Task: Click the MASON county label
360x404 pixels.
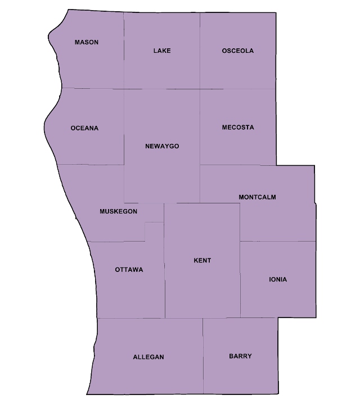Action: [x=87, y=43]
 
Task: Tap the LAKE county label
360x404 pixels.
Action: [x=162, y=51]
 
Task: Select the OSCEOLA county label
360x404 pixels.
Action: [x=237, y=51]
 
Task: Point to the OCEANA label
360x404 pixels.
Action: [x=84, y=128]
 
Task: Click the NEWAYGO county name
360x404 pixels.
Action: [x=162, y=146]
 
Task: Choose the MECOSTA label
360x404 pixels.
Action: [x=237, y=128]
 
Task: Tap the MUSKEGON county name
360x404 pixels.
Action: [x=118, y=211]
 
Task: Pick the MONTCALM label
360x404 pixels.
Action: [x=257, y=197]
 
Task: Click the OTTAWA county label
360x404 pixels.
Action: [x=129, y=270]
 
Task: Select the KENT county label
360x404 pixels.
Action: [x=202, y=261]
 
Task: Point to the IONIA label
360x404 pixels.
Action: [x=278, y=280]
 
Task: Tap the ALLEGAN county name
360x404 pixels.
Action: [x=148, y=357]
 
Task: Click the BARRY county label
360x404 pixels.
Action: [x=240, y=356]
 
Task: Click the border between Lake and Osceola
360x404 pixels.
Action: [x=200, y=51]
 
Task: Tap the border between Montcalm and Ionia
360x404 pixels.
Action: [x=278, y=241]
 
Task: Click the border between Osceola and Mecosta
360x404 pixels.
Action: [x=237, y=89]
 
